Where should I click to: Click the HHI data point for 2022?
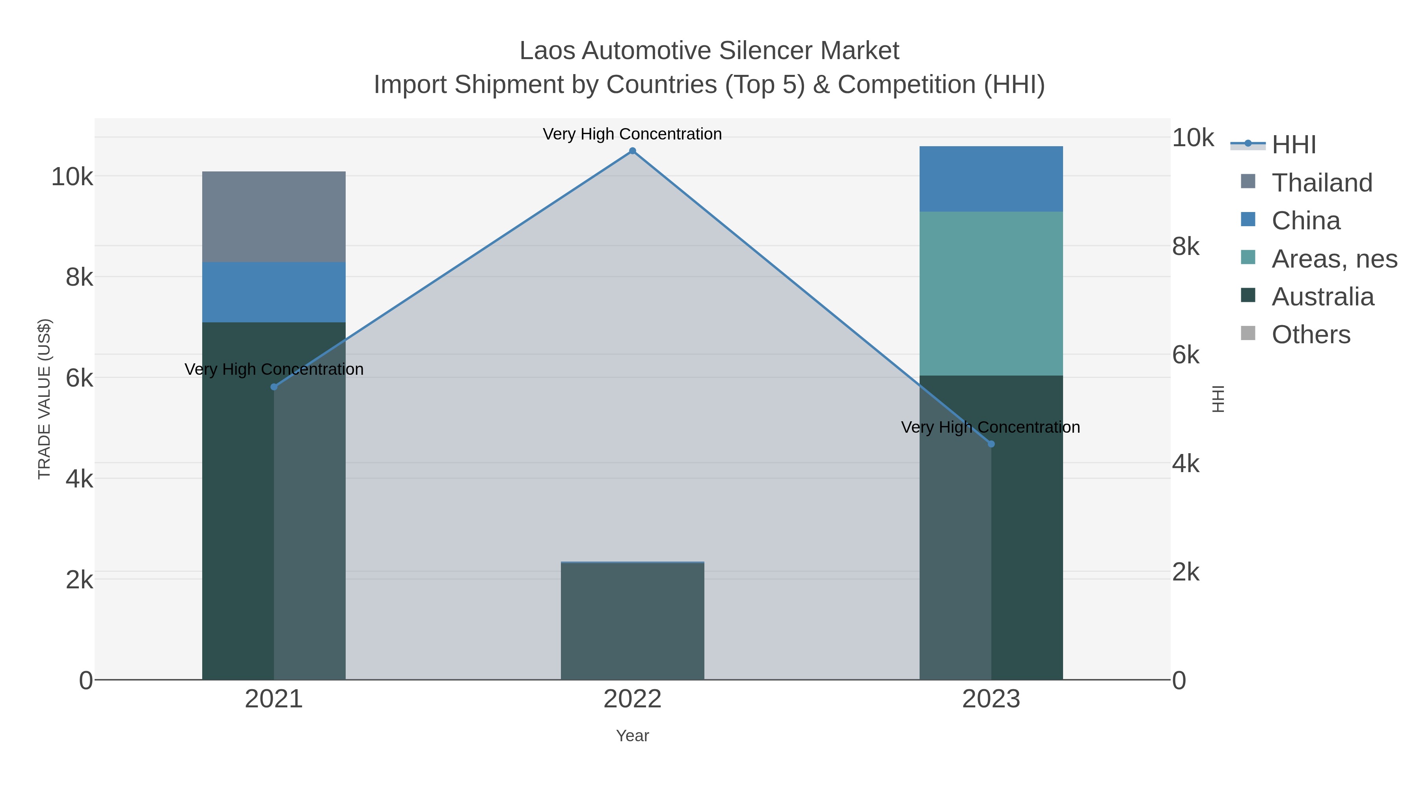pos(632,151)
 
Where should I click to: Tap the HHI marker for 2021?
pos(274,387)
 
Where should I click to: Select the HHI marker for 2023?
pos(991,444)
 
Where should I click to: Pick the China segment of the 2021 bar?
pos(274,292)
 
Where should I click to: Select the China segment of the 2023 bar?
pos(991,179)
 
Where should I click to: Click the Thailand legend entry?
pos(1322,183)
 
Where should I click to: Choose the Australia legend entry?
pos(1322,297)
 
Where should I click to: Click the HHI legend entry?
pos(1293,145)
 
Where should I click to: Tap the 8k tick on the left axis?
pos(79,277)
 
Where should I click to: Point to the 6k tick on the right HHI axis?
pos(1185,355)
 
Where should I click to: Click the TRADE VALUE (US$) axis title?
pos(44,399)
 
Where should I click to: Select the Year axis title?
pos(632,736)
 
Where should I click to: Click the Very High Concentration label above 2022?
pos(632,134)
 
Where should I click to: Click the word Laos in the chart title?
pos(547,51)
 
